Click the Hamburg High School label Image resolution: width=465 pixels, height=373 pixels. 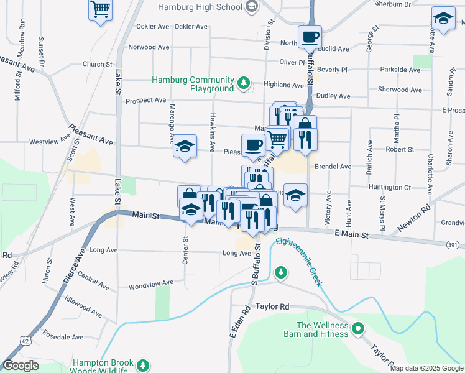point(200,7)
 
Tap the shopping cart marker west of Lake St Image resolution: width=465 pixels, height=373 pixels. point(99,10)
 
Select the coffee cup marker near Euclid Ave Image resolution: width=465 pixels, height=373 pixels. point(309,37)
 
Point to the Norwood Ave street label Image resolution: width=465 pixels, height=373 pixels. point(149,47)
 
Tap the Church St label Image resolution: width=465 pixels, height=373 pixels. point(97,64)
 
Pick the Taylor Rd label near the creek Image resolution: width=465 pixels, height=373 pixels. point(272,307)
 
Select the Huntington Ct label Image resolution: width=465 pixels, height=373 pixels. point(390,187)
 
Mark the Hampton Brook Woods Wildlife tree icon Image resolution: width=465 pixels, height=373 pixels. point(144,364)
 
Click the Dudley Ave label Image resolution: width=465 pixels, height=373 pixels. point(333,96)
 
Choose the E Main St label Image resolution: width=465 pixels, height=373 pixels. point(351,235)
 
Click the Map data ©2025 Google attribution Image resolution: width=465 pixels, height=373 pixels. point(426,368)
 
